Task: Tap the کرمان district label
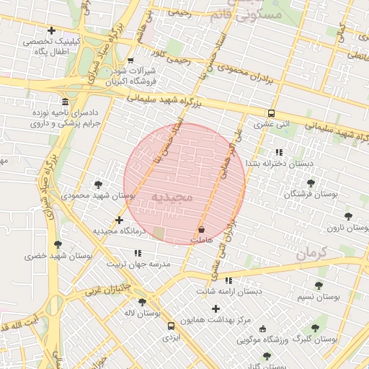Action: pyautogui.click(x=311, y=252)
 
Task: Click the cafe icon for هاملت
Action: pyautogui.click(x=201, y=228)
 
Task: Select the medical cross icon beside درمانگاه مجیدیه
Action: pyautogui.click(x=119, y=220)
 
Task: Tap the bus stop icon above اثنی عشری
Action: pyautogui.click(x=271, y=113)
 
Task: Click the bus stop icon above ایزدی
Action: pyautogui.click(x=171, y=325)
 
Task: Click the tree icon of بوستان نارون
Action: pyautogui.click(x=349, y=215)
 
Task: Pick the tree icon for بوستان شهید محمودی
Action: pyautogui.click(x=98, y=184)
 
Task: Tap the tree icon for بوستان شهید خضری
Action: pyautogui.click(x=57, y=245)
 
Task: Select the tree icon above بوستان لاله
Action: pyautogui.click(x=141, y=302)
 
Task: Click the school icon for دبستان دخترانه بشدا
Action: pyautogui.click(x=279, y=152)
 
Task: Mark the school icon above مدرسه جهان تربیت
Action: pyautogui.click(x=138, y=253)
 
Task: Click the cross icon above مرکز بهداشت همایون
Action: pyautogui.click(x=215, y=308)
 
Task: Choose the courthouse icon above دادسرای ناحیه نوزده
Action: pyautogui.click(x=66, y=102)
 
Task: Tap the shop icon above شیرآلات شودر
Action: pyautogui.click(x=130, y=61)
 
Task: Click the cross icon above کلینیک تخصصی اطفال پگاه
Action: pyautogui.click(x=50, y=30)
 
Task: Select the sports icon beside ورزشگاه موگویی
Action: pyautogui.click(x=262, y=328)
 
